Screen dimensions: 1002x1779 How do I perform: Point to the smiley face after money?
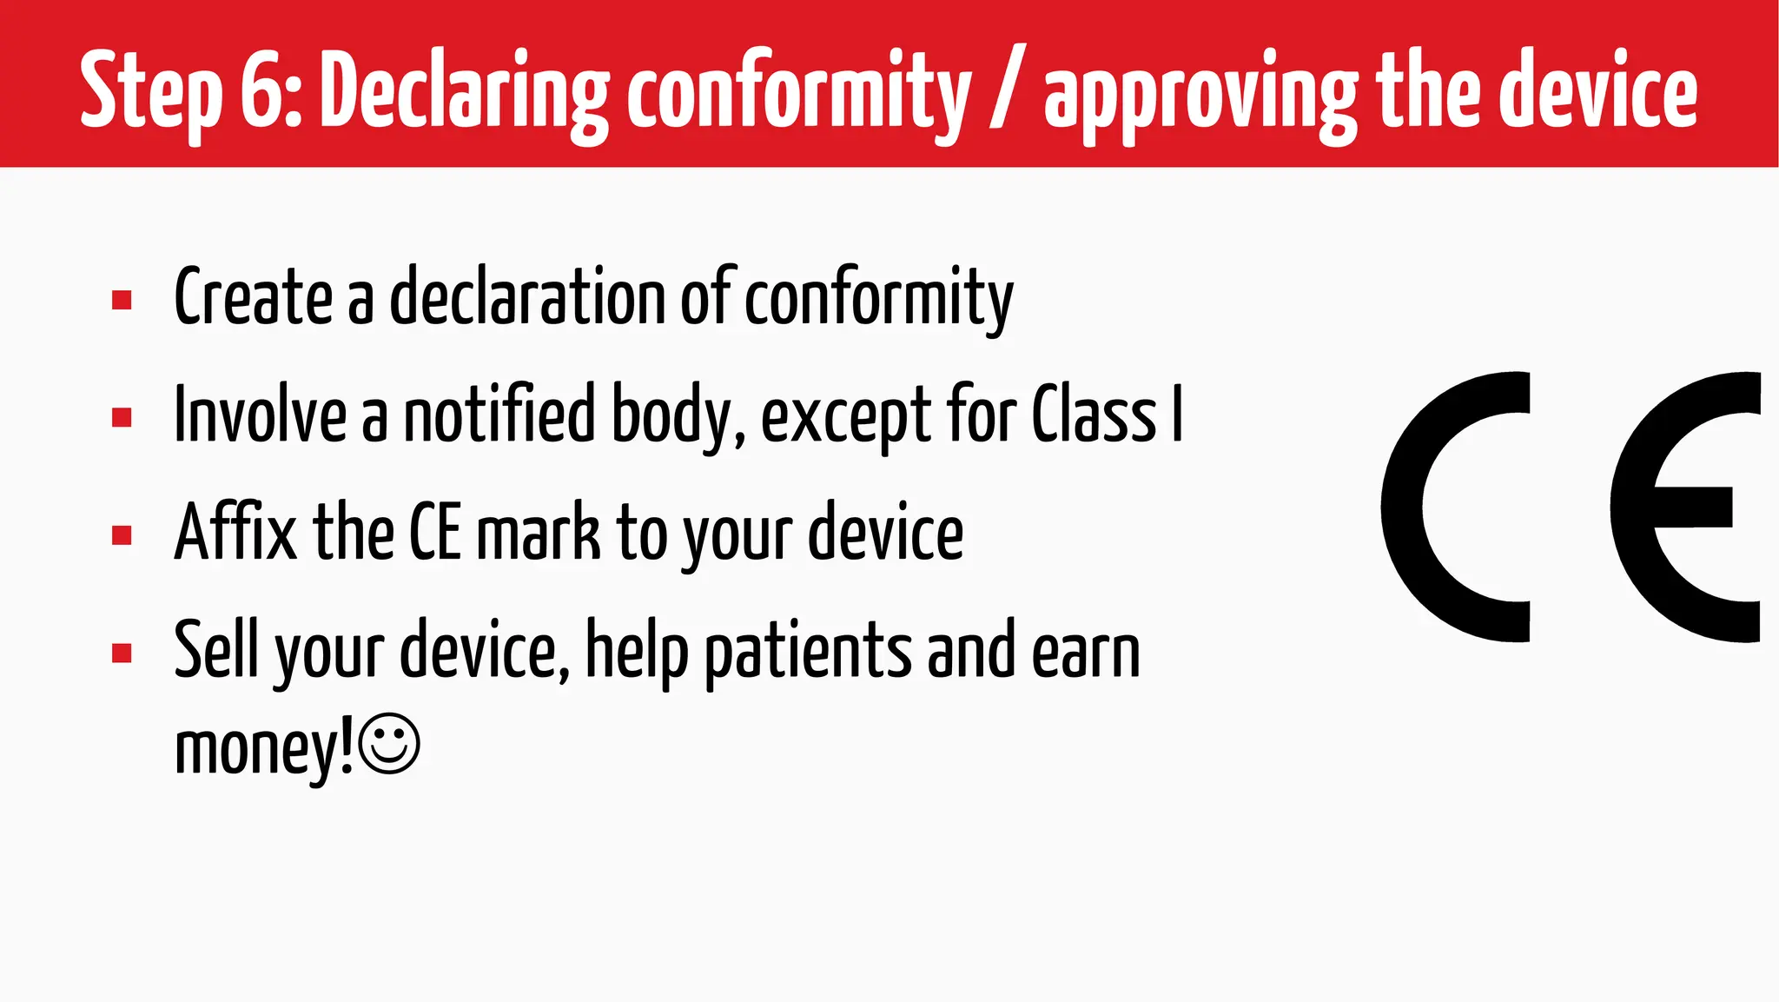[389, 744]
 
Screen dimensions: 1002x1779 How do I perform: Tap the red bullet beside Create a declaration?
[122, 301]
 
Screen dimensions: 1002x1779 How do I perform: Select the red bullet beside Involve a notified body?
[122, 418]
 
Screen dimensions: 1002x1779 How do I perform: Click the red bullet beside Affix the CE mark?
[122, 535]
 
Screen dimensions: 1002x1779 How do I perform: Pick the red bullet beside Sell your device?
[122, 653]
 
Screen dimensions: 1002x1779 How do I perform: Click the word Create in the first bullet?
[253, 298]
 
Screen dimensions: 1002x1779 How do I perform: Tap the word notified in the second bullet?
[499, 415]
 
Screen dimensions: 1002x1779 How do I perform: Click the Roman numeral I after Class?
[1177, 415]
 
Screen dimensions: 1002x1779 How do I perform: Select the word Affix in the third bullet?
[235, 532]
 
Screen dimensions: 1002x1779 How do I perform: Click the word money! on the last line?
[264, 747]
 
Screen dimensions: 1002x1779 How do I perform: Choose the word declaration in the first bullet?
[526, 298]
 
